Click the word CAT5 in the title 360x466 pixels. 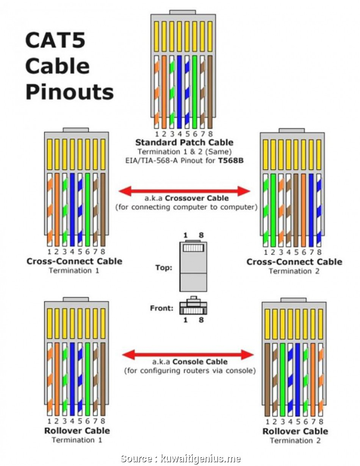point(56,41)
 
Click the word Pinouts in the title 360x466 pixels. point(69,92)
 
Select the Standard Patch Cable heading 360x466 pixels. point(184,142)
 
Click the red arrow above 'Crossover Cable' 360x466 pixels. point(184,191)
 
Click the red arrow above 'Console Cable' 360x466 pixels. point(188,355)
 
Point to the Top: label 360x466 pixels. point(164,268)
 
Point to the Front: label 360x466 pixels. point(161,308)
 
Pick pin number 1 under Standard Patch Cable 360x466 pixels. point(156,134)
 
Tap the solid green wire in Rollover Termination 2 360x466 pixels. point(282,379)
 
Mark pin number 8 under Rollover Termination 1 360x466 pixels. point(103,421)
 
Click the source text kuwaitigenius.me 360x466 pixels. point(200,459)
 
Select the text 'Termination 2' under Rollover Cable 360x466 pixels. point(295,441)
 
